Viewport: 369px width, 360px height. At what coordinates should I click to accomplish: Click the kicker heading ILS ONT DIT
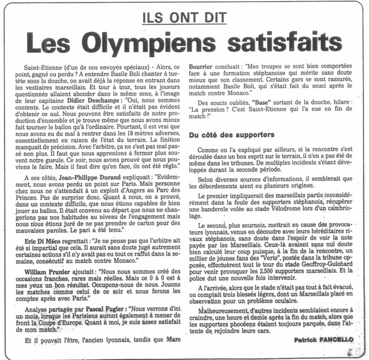184,17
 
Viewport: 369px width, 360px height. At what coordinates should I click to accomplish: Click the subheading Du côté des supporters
232,135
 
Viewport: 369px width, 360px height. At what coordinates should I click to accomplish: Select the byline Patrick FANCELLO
323,340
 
